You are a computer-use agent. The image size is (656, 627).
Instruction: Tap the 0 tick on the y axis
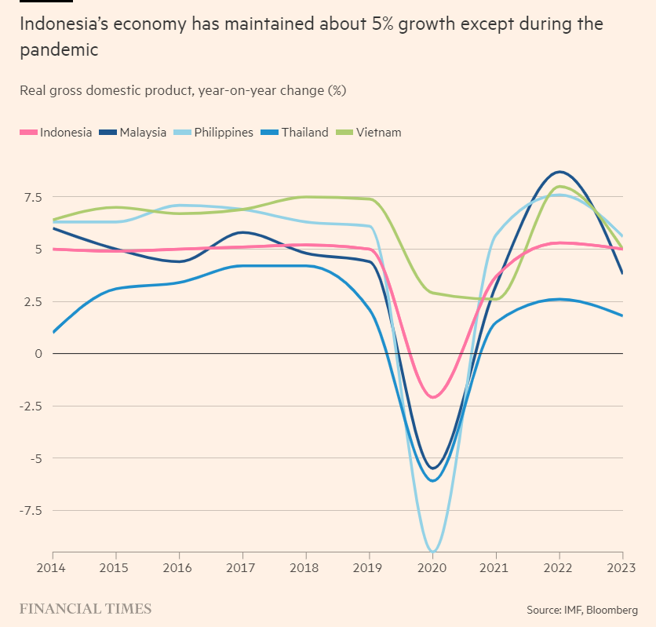coord(38,354)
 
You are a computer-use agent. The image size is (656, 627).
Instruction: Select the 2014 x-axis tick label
coord(51,567)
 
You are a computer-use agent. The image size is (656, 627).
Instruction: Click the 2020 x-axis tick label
coord(432,567)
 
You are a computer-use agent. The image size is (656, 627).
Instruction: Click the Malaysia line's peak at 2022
coord(559,172)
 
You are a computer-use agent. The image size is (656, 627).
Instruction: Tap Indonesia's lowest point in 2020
coord(432,397)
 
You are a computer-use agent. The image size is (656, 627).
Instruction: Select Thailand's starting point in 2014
coord(53,332)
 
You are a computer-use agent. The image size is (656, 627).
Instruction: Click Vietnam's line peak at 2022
coord(559,187)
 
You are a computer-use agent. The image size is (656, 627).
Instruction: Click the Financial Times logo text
coord(85,609)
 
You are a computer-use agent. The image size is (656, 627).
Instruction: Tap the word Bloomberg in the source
coord(612,610)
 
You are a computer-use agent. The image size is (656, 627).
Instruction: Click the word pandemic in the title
coord(59,50)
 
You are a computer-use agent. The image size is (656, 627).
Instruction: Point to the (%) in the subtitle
coord(336,90)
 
